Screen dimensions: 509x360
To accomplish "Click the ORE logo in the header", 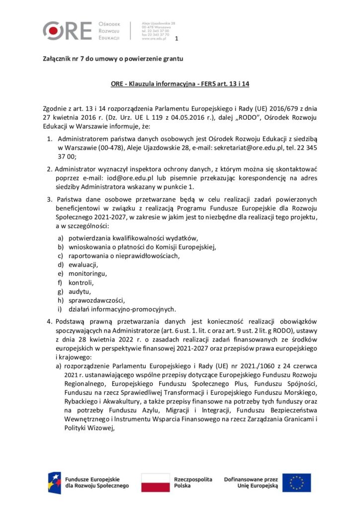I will [67, 30].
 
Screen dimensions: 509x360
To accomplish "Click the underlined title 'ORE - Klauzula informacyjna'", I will [180, 85].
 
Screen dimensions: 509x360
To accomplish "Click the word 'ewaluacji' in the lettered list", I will [83, 264].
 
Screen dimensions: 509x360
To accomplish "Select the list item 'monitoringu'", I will [88, 273].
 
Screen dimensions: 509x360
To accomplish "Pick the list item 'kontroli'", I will [81, 282].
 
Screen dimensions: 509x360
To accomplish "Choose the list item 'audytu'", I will [80, 291].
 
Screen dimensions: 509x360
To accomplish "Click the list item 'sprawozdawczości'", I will [96, 300].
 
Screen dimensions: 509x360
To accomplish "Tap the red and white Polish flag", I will [155, 482].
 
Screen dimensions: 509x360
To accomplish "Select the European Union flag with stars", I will [297, 482].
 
